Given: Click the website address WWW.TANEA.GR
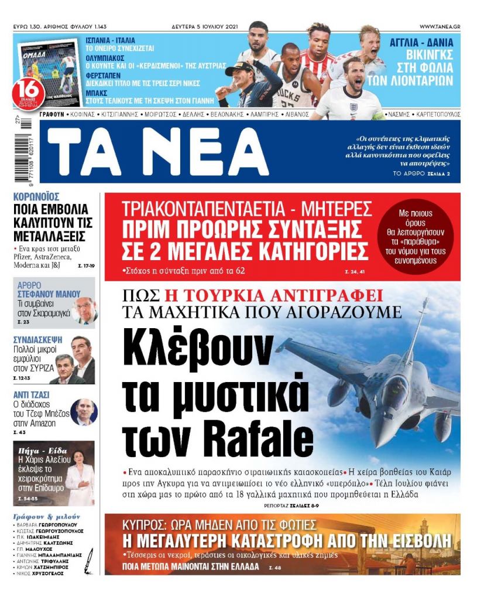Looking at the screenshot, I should coord(440,27).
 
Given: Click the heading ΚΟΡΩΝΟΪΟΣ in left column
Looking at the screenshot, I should coord(36,197).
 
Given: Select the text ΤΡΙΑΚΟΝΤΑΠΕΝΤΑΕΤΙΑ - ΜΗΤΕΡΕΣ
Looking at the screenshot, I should coord(246,209).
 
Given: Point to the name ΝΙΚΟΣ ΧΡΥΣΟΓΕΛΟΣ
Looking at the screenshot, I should coord(40,574).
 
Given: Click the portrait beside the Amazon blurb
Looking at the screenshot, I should coord(83,412).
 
